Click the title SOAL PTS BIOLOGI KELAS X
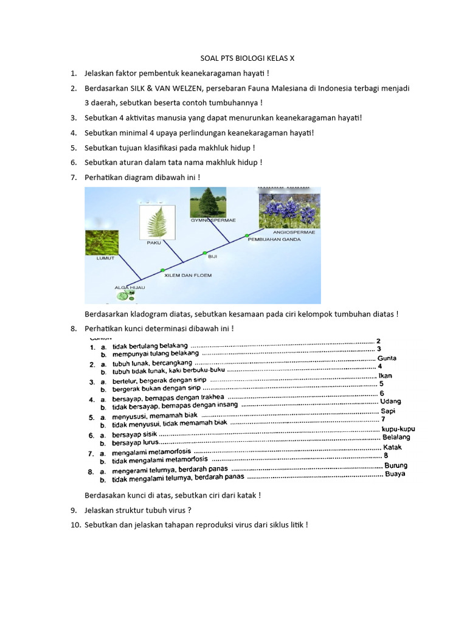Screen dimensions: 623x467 pyautogui.click(x=247, y=58)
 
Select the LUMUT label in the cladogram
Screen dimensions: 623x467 pyautogui.click(x=105, y=258)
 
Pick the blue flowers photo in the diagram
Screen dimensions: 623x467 pyautogui.click(x=289, y=208)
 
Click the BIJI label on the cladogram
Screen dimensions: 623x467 pyautogui.click(x=213, y=257)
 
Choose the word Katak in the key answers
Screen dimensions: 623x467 pyautogui.click(x=392, y=447)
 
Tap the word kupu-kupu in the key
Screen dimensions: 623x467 pyautogui.click(x=398, y=429)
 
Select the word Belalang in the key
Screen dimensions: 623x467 pyautogui.click(x=396, y=437)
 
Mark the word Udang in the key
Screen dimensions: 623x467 pyautogui.click(x=390, y=402)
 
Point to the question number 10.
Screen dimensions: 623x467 pyautogui.click(x=76, y=524)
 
